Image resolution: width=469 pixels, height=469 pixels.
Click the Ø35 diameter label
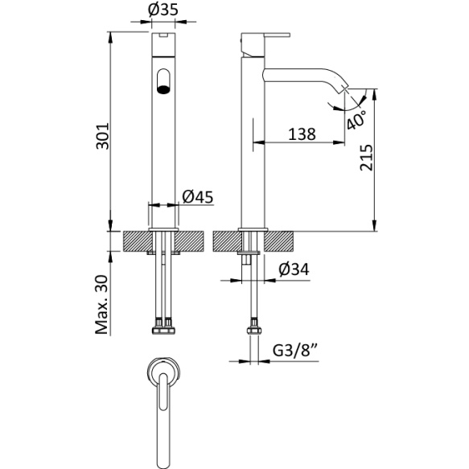[x=163, y=12]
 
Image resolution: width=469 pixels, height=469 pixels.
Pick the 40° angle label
[x=356, y=118]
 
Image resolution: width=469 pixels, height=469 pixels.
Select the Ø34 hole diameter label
[x=294, y=269]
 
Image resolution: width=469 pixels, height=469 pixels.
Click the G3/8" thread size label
[x=298, y=351]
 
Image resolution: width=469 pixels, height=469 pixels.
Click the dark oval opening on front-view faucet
[x=163, y=81]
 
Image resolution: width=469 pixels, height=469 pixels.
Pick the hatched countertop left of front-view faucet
[x=136, y=241]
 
